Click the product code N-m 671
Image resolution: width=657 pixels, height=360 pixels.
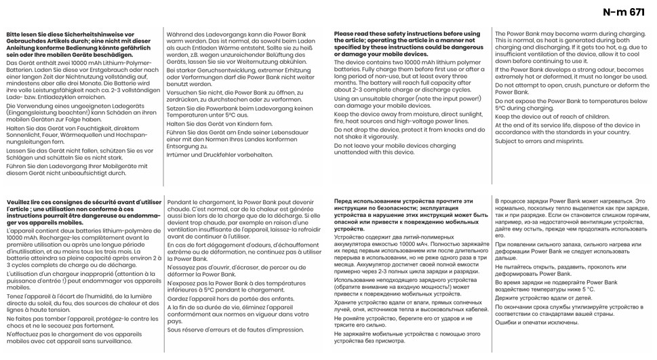pyautogui.click(x=623, y=12)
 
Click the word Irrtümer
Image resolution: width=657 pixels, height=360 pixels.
pyautogui.click(x=179, y=154)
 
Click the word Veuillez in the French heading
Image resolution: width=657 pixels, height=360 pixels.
pyautogui.click(x=20, y=203)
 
